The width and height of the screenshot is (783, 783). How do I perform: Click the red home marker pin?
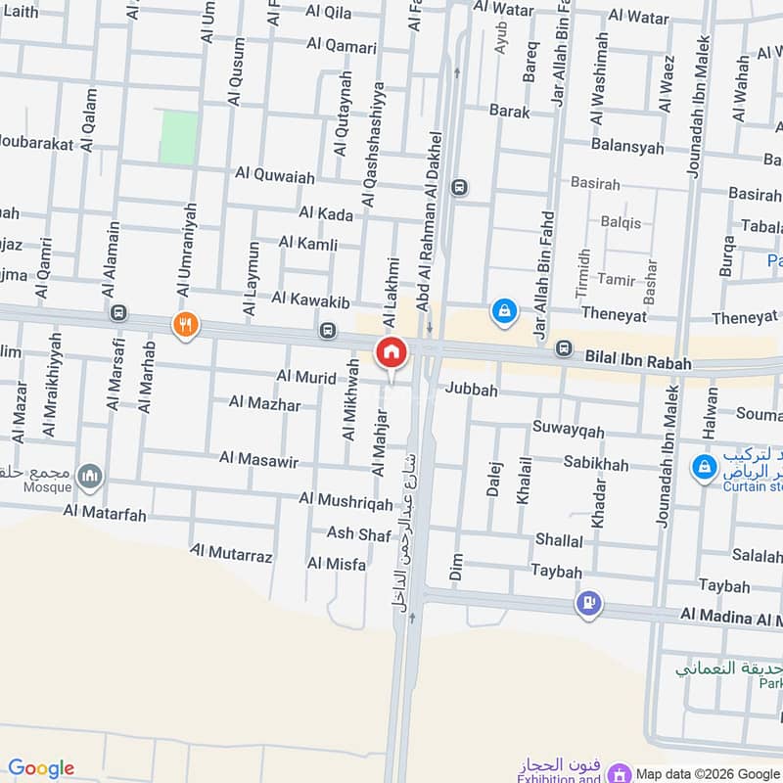391,353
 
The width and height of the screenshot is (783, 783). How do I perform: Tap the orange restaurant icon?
185,325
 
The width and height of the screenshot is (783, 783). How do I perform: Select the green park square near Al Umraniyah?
178,137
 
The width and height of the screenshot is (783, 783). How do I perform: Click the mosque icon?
91,476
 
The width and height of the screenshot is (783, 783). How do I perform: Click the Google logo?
40,768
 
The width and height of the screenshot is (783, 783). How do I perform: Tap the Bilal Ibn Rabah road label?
638,363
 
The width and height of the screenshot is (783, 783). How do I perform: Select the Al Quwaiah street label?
275,176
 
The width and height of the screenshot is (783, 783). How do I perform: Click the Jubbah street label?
472,390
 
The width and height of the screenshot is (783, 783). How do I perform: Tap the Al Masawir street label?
258,457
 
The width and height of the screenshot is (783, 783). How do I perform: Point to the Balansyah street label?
627,147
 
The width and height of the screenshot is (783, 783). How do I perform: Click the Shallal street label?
559,540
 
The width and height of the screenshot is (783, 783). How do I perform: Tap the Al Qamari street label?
342,44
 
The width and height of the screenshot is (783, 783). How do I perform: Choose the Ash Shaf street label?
359,532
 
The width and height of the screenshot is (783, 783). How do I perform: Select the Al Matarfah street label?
105,510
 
